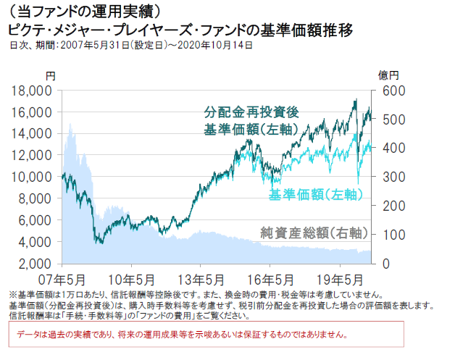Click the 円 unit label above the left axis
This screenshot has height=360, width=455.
point(49,75)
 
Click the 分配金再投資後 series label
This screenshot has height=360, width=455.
point(251,113)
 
